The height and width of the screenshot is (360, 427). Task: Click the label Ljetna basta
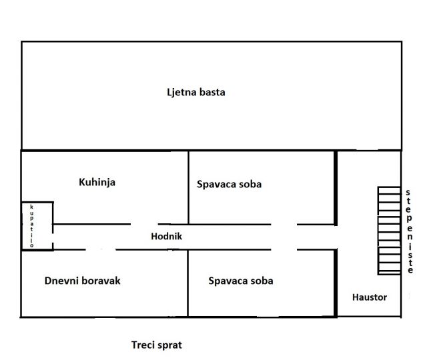[195, 92]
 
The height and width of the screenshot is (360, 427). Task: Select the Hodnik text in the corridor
[166, 236]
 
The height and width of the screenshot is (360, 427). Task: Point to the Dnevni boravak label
[83, 281]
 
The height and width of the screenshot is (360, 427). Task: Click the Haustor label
[370, 297]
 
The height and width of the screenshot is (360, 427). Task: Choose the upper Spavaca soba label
[229, 184]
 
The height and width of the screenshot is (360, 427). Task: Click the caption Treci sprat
[156, 345]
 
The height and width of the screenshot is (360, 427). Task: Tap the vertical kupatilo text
[31, 226]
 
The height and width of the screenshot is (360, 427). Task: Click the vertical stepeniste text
[408, 231]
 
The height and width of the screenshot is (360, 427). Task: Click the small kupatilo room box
[37, 226]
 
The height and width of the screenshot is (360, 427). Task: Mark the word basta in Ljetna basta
[211, 92]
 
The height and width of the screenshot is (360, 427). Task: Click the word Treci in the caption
[143, 345]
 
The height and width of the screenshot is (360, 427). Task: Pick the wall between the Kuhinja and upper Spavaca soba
[188, 187]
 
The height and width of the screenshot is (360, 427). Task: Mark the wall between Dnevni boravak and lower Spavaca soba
[188, 283]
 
